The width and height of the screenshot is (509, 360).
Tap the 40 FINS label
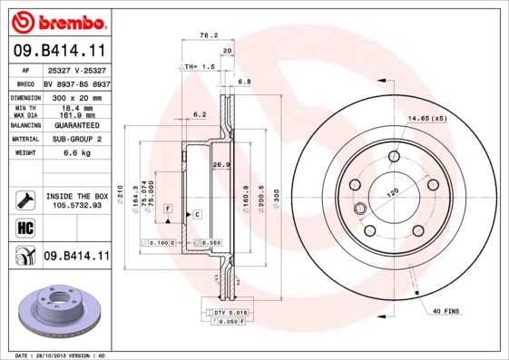point(446,312)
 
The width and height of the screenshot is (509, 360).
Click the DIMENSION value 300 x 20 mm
point(76,95)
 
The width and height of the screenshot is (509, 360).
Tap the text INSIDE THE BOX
point(76,195)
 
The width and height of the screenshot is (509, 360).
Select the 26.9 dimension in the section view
point(218,165)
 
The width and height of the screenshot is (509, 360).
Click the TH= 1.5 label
point(198,67)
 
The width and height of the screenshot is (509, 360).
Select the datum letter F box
point(168,209)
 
